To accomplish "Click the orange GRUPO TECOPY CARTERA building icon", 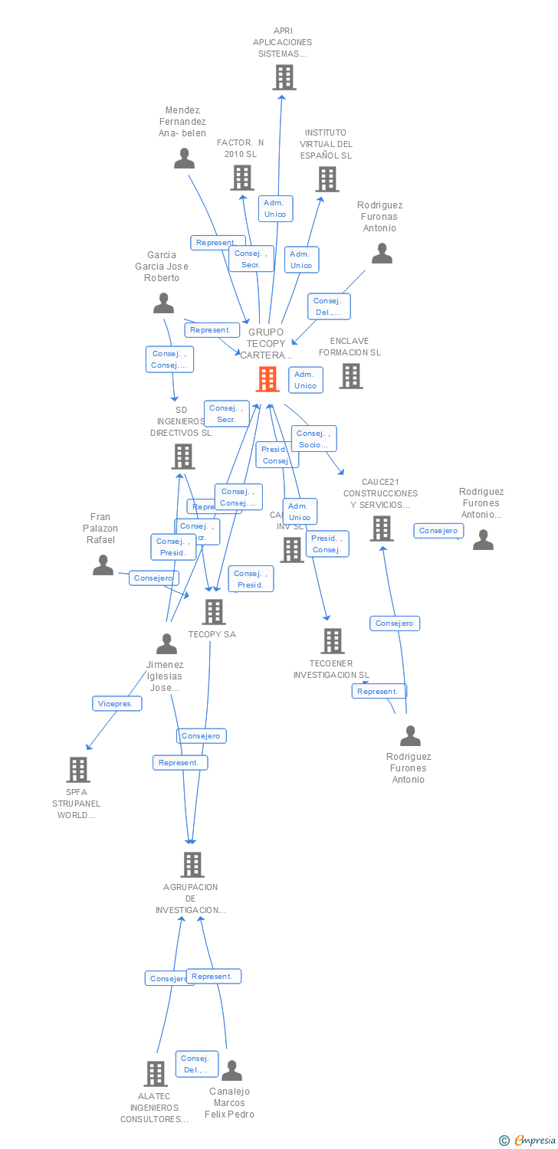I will click(267, 378).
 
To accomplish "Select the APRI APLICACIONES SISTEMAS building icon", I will click(284, 77).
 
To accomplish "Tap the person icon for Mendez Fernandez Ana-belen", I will click(184, 159).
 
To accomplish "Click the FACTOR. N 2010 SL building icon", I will click(242, 178).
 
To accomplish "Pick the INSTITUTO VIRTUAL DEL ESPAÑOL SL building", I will click(327, 179).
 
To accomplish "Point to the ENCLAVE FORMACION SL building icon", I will click(351, 376).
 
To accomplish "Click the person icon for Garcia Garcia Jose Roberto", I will click(163, 303).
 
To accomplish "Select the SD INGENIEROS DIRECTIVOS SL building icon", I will click(182, 457).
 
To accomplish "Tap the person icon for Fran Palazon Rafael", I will click(103, 565).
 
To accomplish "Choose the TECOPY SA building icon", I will click(213, 612).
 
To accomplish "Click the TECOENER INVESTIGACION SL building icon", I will click(332, 641).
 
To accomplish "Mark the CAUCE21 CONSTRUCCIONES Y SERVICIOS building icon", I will click(381, 529).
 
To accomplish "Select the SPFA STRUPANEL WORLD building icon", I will click(77, 770).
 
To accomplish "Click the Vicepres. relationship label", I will click(117, 703).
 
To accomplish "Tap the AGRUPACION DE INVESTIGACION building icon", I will click(192, 865).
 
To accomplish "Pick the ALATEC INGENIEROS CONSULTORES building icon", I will click(156, 1073).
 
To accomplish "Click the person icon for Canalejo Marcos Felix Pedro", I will click(231, 1071).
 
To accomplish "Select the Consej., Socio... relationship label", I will click(313, 439).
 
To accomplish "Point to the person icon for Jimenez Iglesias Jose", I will click(166, 644).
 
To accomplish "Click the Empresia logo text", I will click(534, 1141).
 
